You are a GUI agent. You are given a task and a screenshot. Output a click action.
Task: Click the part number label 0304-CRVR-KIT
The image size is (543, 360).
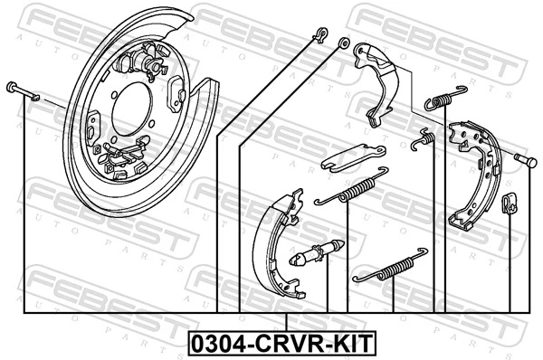point(282,344)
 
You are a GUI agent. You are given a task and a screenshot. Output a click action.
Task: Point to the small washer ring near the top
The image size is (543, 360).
point(344,43)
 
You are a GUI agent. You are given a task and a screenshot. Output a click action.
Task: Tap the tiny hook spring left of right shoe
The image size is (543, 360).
point(422,139)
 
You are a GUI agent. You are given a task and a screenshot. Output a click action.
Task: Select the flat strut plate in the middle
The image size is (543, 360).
point(354,156)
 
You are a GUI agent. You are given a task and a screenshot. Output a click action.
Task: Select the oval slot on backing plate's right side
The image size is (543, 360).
point(177,95)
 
